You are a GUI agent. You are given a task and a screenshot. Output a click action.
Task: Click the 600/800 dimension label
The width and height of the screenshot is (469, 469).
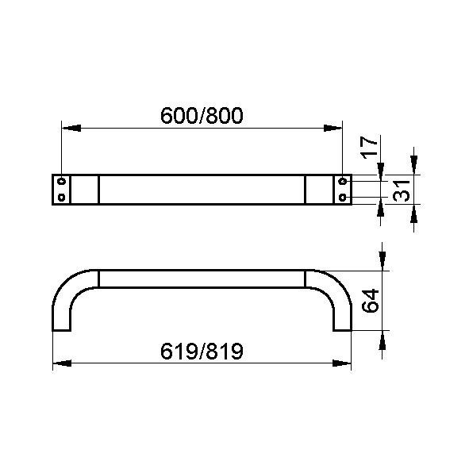click(x=202, y=116)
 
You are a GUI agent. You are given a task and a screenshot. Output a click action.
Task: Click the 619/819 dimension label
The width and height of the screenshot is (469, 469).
click(x=202, y=351)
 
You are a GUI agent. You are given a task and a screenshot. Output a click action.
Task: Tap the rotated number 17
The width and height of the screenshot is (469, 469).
click(x=368, y=148)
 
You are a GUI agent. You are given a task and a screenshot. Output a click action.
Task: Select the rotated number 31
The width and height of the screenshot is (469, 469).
click(x=401, y=190)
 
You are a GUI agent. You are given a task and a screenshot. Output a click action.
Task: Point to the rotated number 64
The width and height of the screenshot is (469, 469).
click(x=371, y=301)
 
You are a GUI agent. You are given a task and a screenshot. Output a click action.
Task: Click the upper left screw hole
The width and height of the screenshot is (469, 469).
click(x=62, y=181)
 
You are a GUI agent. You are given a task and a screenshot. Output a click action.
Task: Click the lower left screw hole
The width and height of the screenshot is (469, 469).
click(x=62, y=198)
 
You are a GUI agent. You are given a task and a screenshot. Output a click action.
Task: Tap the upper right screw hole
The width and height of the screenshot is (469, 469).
click(x=343, y=181)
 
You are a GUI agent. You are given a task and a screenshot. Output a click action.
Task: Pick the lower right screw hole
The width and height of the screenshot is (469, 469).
click(x=343, y=198)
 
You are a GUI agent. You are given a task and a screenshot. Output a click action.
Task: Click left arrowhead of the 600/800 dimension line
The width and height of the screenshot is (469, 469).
click(x=71, y=129)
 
